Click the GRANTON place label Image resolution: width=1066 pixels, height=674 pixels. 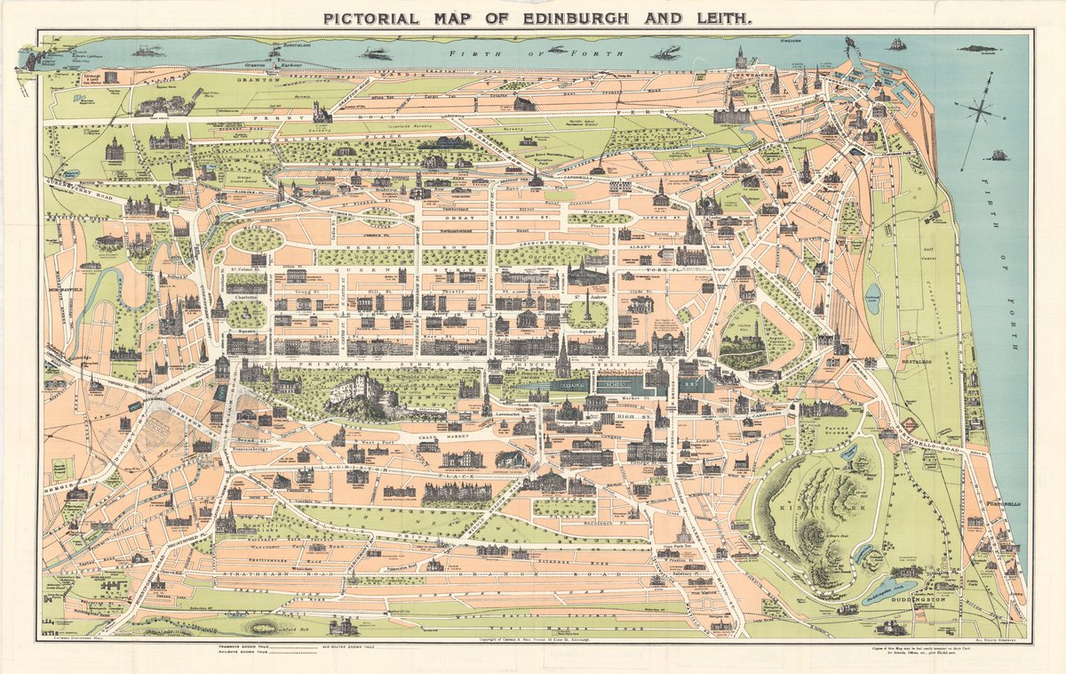point(259,79)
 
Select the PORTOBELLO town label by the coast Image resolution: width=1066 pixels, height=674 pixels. point(1006,504)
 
